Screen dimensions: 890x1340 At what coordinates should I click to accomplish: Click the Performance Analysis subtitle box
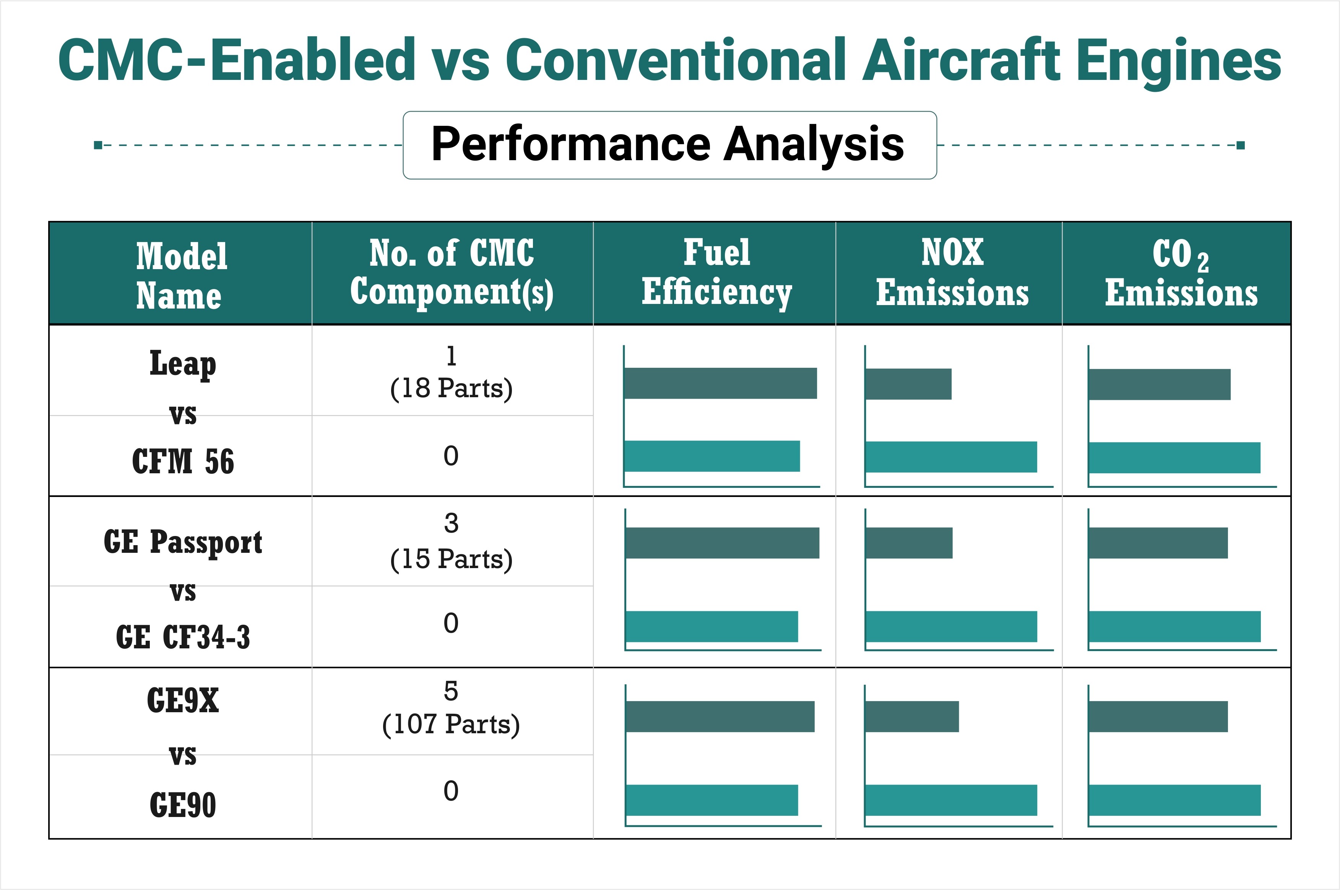coord(669,145)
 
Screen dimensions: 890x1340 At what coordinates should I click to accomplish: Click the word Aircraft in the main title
coord(960,60)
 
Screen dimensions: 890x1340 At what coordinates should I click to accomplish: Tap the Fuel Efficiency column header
coord(716,273)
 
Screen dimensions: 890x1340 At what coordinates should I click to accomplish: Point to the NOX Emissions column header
coord(952,273)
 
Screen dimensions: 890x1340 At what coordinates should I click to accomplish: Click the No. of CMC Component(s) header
coord(452,273)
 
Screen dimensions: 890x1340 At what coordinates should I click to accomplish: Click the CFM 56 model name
coord(183,461)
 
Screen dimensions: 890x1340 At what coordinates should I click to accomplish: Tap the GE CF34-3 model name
coord(183,637)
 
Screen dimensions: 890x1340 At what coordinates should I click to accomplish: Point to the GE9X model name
coord(183,700)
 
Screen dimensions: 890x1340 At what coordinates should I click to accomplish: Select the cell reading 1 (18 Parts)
coord(451,373)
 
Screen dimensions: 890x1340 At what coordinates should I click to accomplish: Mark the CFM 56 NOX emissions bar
coord(951,457)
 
